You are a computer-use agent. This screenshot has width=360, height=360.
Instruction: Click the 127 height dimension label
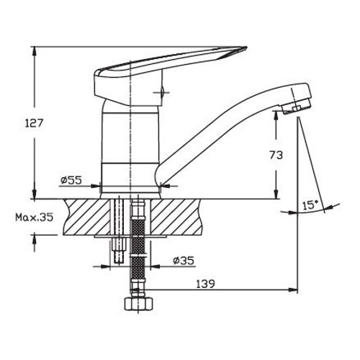coord(34,123)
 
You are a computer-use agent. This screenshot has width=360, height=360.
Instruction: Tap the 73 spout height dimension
coord(276,155)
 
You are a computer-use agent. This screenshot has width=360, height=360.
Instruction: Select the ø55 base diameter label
coord(71,180)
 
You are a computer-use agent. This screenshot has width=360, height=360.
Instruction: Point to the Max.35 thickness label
coord(35,217)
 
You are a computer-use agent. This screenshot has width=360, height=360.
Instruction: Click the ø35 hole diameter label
coord(184,261)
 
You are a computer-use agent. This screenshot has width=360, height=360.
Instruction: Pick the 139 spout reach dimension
coord(205,284)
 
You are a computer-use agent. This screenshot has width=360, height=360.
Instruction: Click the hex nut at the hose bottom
coord(138,304)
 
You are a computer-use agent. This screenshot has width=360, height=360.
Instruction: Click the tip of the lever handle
coord(247,47)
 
